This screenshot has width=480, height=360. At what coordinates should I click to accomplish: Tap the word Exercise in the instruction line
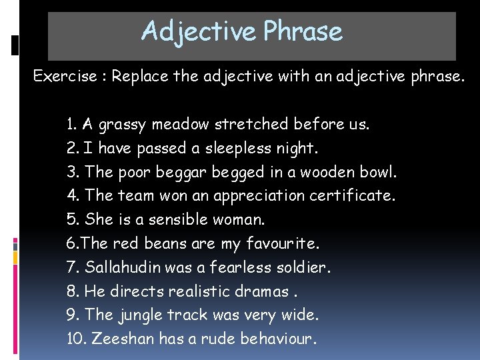[x=64, y=76]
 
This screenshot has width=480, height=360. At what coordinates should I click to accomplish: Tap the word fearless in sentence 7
[x=236, y=267]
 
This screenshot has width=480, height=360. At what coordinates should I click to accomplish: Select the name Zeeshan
[x=124, y=339]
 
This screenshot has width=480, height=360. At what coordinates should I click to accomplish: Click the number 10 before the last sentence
[x=75, y=339]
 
